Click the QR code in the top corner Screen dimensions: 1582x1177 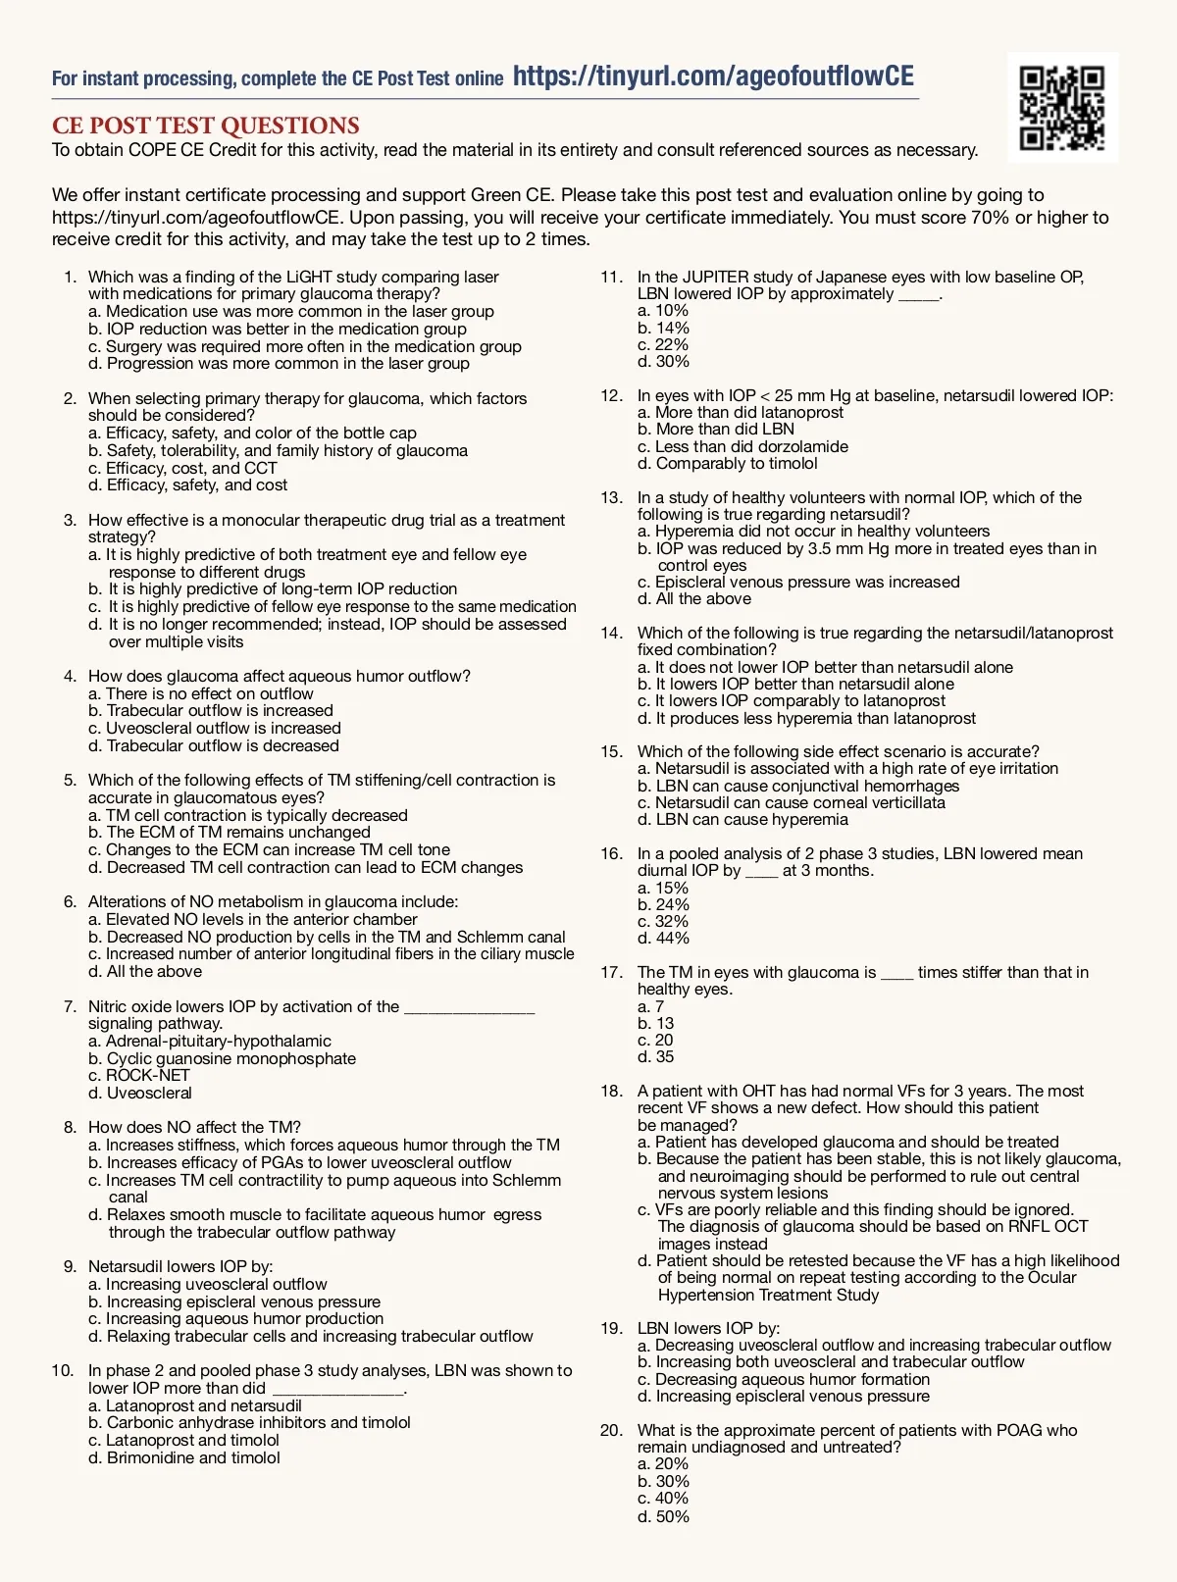tap(1062, 108)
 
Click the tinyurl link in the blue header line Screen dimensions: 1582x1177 tap(713, 77)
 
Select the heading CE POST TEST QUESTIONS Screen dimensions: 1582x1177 tap(206, 126)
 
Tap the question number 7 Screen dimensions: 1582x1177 tap(70, 1006)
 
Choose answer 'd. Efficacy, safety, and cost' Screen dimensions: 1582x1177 tap(187, 485)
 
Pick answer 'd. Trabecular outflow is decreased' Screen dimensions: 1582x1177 tap(213, 745)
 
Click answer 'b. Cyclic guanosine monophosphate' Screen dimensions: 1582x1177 tap(222, 1058)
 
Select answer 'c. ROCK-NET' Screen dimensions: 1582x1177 tap(138, 1075)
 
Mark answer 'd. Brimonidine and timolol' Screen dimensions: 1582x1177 tap(183, 1457)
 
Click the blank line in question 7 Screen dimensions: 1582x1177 tap(470, 1007)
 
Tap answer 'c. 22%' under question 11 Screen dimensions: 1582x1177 tap(663, 344)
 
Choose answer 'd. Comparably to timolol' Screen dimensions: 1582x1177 tap(727, 463)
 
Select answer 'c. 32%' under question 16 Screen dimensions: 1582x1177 tap(663, 921)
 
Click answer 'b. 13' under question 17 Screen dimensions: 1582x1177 tap(655, 1023)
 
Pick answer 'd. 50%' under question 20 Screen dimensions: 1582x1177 tap(663, 1516)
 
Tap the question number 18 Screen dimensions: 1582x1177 tap(612, 1091)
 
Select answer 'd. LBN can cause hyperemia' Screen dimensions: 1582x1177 tap(742, 819)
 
